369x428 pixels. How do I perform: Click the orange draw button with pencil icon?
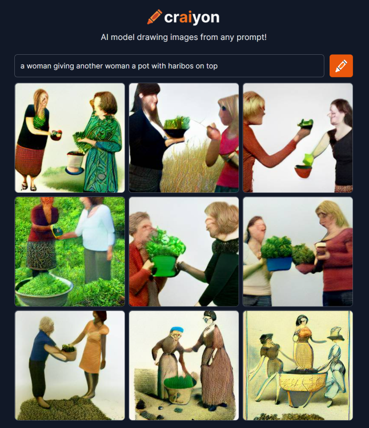(x=341, y=66)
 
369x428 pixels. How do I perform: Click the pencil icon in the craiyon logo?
(x=154, y=17)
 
